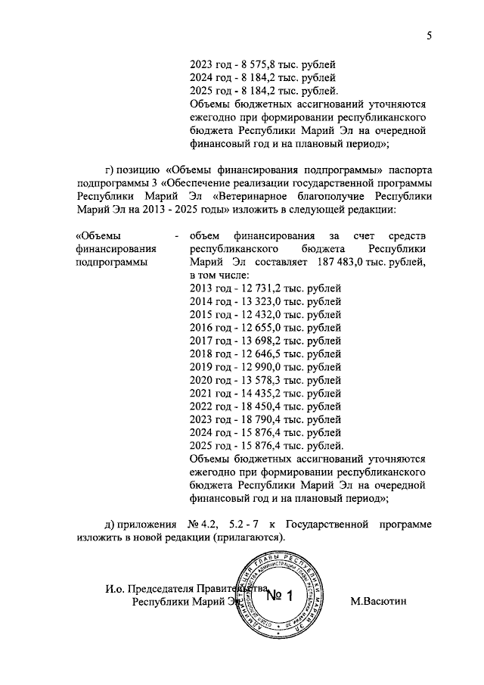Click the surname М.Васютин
click(379, 602)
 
